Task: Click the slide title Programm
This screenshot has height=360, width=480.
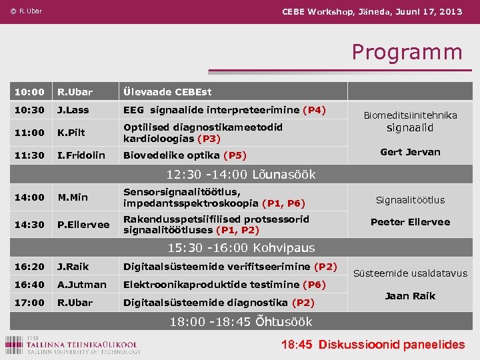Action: pyautogui.click(x=407, y=52)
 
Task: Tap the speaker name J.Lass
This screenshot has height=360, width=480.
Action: pyautogui.click(x=73, y=110)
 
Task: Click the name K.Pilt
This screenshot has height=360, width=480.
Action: pyautogui.click(x=71, y=133)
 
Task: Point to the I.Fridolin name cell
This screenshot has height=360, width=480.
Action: pyautogui.click(x=81, y=155)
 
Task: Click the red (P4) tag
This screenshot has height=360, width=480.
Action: pyautogui.click(x=314, y=110)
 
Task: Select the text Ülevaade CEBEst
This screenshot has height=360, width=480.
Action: pyautogui.click(x=167, y=92)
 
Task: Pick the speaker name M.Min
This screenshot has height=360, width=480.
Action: pyautogui.click(x=73, y=197)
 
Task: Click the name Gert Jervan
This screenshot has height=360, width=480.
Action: pyautogui.click(x=410, y=152)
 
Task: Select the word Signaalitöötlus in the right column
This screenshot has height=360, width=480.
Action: pyautogui.click(x=410, y=200)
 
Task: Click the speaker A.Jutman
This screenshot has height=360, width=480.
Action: pyautogui.click(x=81, y=285)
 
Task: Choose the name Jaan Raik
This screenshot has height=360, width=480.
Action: pyautogui.click(x=410, y=296)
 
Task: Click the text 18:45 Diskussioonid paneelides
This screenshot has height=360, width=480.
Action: pyautogui.click(x=373, y=345)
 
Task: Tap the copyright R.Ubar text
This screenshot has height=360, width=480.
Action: pyautogui.click(x=26, y=11)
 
